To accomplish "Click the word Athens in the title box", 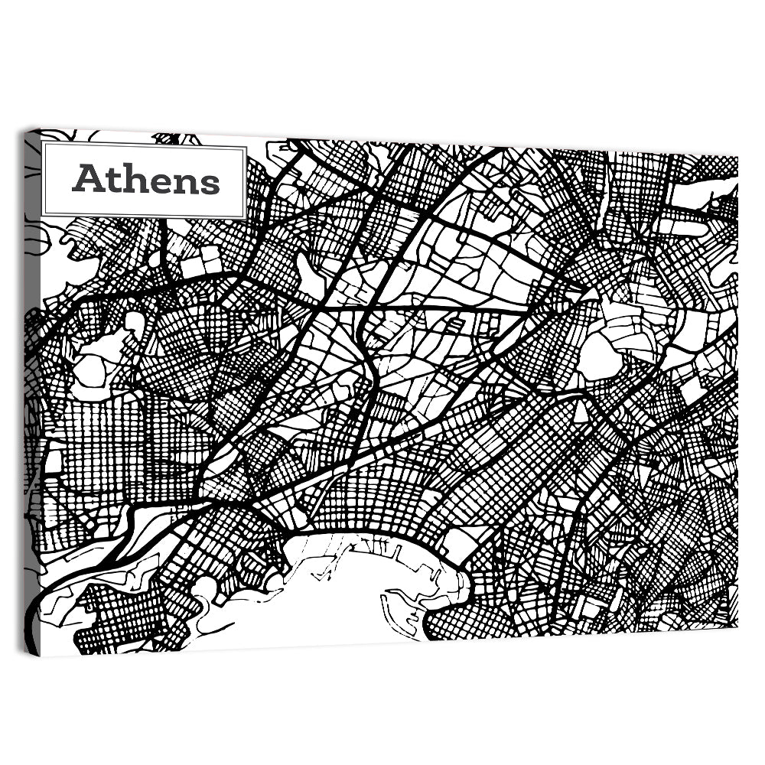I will [x=145, y=180].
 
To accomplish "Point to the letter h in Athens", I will [x=132, y=179].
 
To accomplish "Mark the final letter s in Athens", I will [x=209, y=183].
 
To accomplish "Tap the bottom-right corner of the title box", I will [x=246, y=217].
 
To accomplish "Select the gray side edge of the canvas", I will [x=31, y=382].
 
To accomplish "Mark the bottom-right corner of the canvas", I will [x=737, y=627].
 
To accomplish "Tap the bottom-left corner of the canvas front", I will [x=40, y=656].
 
